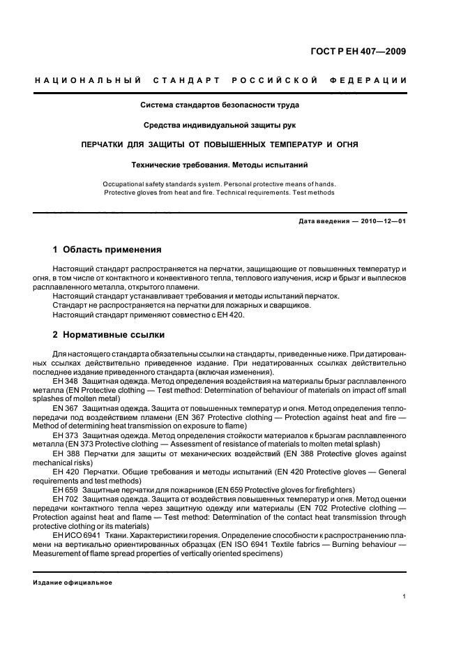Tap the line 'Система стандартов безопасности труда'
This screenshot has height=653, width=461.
coord(220,105)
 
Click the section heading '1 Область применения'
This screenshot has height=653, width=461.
coord(107,249)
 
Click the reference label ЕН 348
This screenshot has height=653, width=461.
coord(66,382)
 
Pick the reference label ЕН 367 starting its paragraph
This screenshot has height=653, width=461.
coord(66,407)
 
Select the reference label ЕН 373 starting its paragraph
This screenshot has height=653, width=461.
coord(66,435)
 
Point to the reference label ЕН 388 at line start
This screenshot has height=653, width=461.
coord(66,453)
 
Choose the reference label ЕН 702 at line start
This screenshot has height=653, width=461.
coord(66,500)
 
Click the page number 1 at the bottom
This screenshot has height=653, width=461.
coord(405,596)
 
